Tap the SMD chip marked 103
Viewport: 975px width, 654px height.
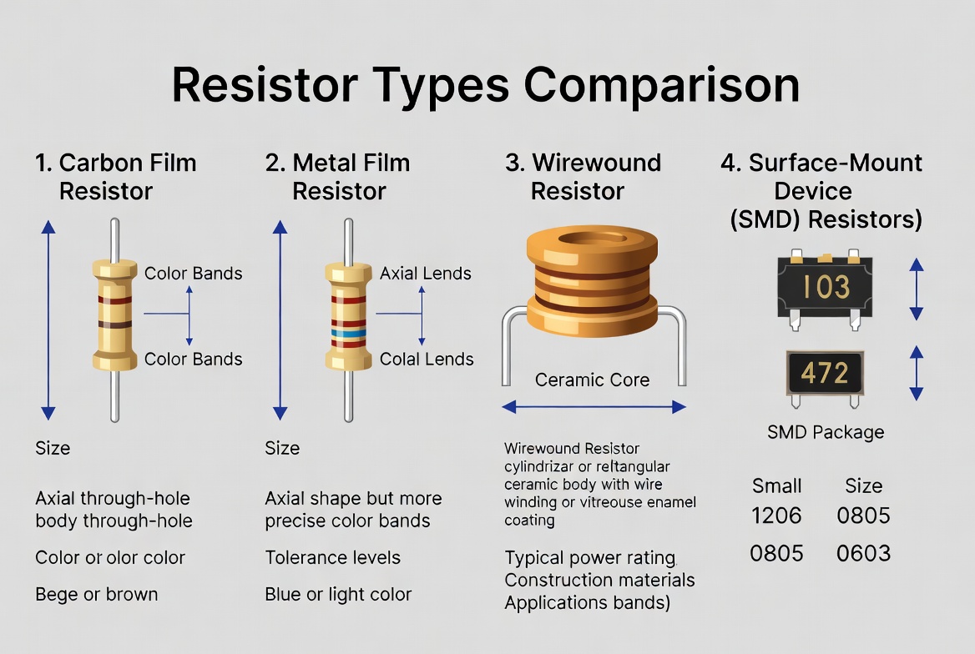click(x=826, y=287)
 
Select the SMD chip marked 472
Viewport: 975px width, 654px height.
click(x=825, y=372)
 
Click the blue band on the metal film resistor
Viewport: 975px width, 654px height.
click(x=347, y=331)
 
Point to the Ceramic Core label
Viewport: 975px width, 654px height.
click(x=592, y=380)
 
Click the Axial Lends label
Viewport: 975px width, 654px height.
click(x=425, y=274)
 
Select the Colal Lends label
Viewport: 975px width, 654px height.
click(x=426, y=360)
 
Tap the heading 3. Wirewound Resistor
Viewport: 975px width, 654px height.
click(x=583, y=176)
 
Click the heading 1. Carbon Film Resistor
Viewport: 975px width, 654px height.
click(x=115, y=176)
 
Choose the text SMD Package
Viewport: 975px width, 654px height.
click(x=825, y=432)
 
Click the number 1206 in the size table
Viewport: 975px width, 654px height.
click(x=776, y=516)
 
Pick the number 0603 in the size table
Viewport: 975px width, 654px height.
click(x=863, y=553)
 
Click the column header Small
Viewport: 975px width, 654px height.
click(x=776, y=485)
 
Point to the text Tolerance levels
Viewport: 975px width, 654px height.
click(x=332, y=557)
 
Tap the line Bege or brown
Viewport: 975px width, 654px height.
click(x=96, y=594)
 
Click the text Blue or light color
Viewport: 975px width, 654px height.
click(x=338, y=594)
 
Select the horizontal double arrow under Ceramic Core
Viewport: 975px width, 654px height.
click(x=594, y=407)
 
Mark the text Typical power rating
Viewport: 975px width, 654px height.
click(x=589, y=557)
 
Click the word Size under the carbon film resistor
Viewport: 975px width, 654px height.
click(x=53, y=448)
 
